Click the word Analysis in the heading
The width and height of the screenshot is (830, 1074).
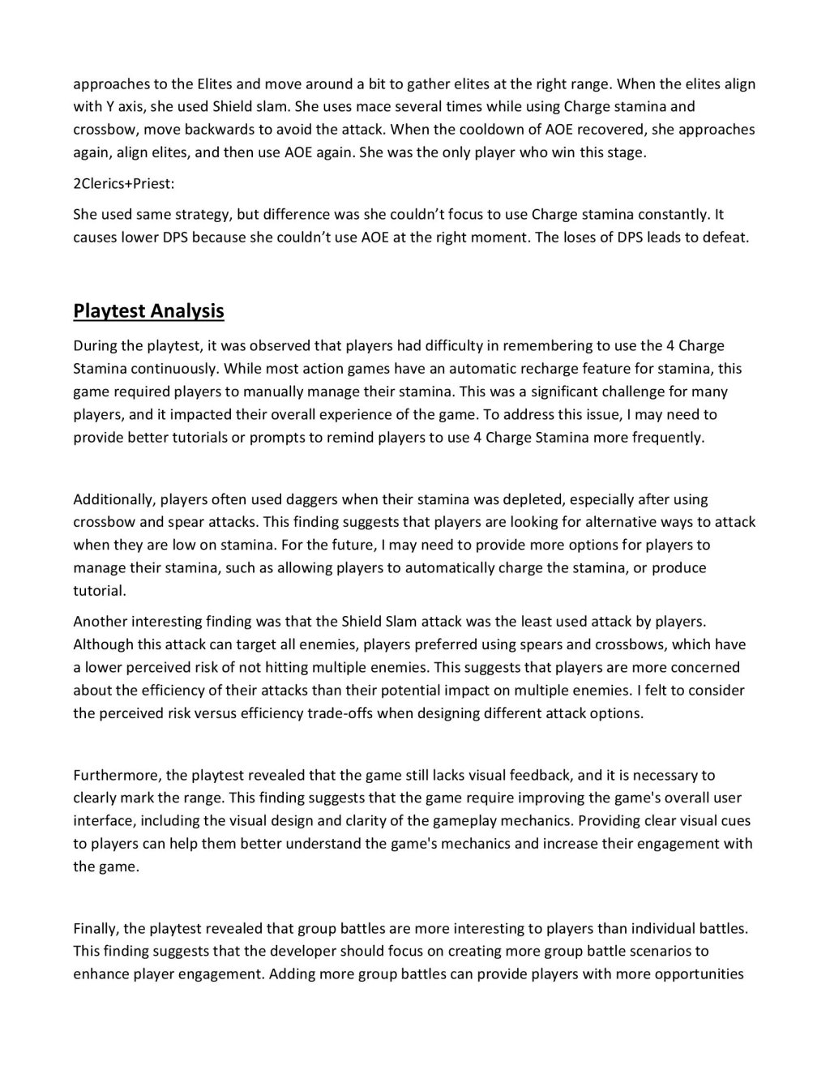pos(186,311)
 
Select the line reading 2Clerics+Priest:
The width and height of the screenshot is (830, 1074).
pos(123,183)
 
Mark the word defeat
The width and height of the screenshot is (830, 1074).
pos(726,237)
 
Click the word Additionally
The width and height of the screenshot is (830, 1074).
pos(106,499)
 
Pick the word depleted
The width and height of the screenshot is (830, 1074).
pos(520,499)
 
